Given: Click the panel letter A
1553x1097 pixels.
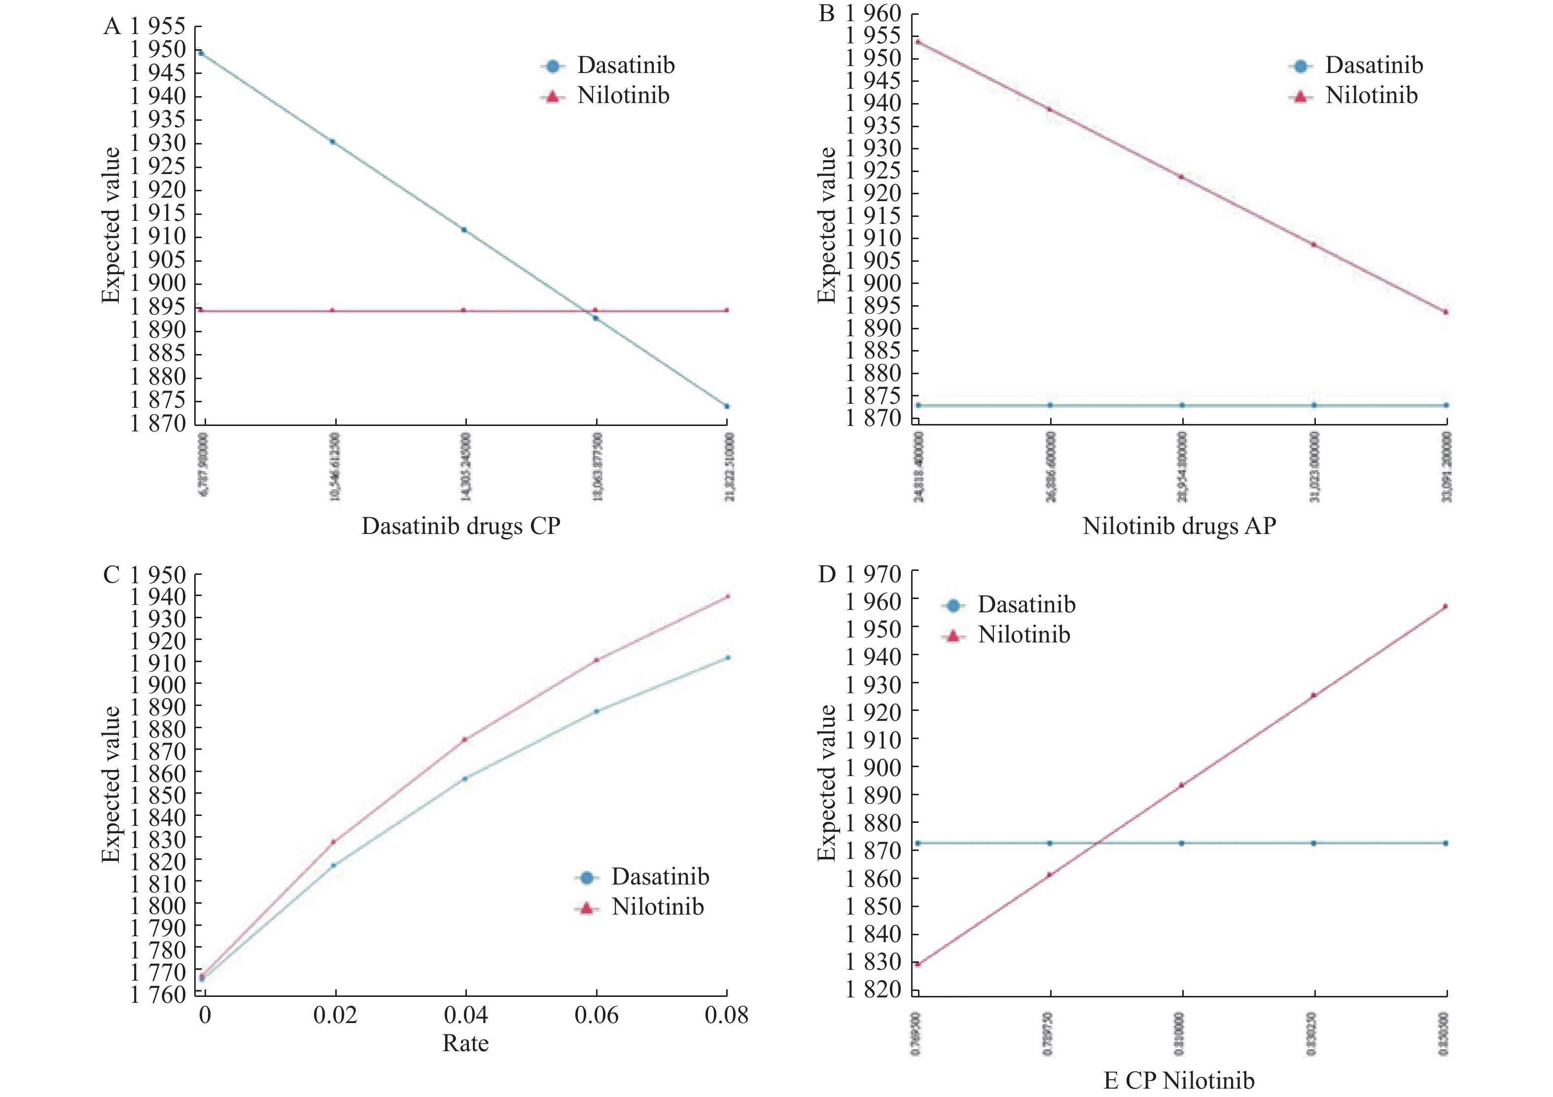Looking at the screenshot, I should click(x=111, y=26).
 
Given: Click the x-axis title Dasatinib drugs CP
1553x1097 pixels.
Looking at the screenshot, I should click(x=460, y=526).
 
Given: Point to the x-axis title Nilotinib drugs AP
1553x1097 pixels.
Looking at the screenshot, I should click(x=1179, y=526).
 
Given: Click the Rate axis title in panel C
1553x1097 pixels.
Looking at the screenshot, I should click(x=465, y=1043).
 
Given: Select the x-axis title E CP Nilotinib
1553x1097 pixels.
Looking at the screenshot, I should click(x=1179, y=1080).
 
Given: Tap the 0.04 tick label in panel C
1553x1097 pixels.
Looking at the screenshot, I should click(x=465, y=1015).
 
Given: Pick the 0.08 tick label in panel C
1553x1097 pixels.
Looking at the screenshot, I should click(x=726, y=1015).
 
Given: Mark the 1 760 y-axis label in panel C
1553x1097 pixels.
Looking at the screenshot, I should click(x=158, y=993).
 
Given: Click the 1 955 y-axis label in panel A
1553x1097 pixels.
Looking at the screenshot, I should click(x=158, y=26).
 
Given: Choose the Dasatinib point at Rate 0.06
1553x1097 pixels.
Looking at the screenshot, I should click(x=596, y=711).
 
